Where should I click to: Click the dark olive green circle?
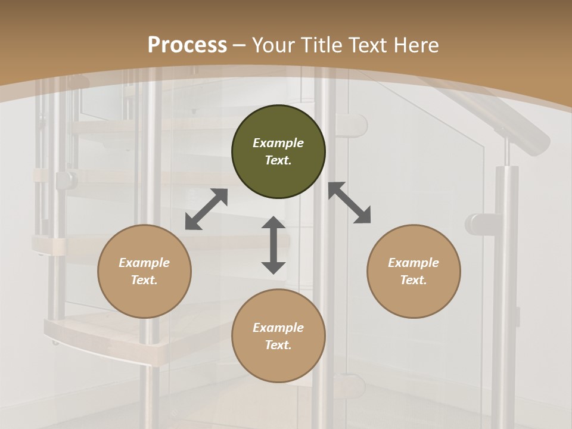[278, 152]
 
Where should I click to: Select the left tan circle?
[144, 271]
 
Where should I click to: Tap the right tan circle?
[414, 271]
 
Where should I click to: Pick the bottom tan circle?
[278, 336]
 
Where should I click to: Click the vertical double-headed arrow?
[273, 245]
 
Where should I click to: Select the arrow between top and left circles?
[206, 209]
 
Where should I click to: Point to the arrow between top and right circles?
[349, 203]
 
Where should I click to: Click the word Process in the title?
[187, 45]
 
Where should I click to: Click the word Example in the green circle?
[278, 143]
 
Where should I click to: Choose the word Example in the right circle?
[414, 263]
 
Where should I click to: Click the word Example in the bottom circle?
[278, 328]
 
